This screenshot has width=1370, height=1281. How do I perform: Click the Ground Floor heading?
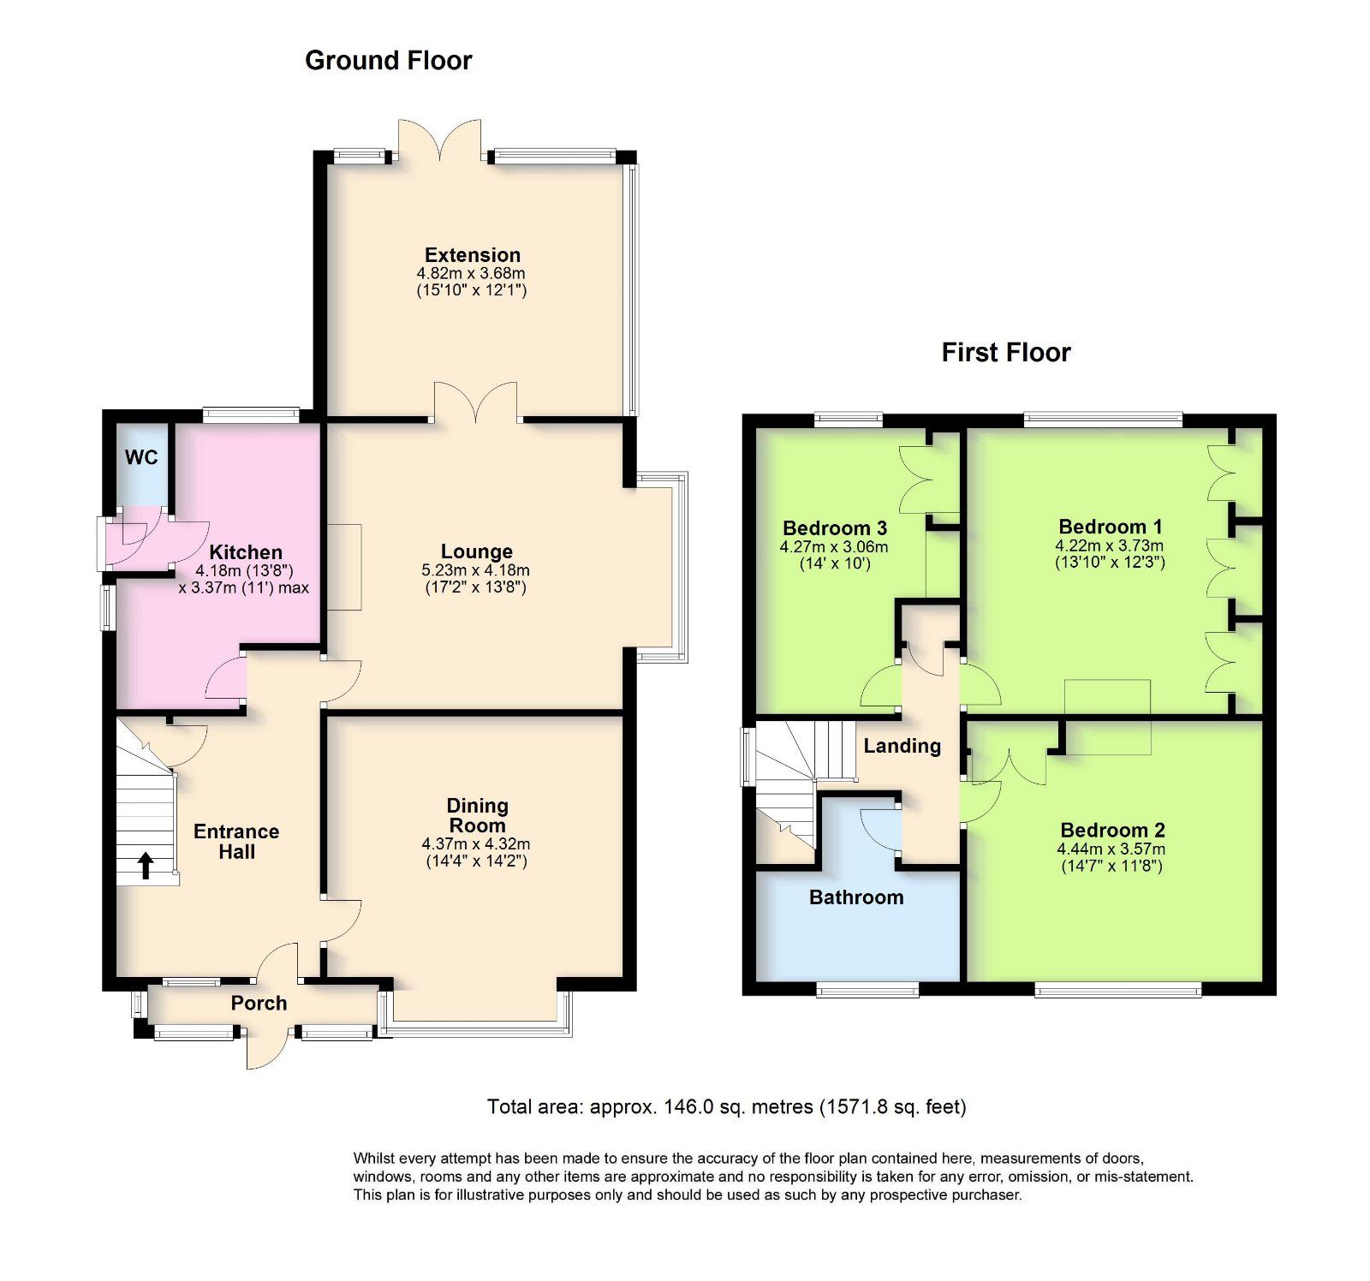[388, 61]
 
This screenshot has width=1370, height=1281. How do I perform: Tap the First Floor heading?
[1005, 353]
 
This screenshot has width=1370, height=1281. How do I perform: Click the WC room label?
[141, 457]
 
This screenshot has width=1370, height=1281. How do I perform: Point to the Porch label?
[259, 1003]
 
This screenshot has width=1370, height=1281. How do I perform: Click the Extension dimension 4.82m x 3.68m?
[471, 273]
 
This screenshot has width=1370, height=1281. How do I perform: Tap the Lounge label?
[476, 551]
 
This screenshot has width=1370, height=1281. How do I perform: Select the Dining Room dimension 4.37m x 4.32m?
[476, 844]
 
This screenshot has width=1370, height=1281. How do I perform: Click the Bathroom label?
[856, 897]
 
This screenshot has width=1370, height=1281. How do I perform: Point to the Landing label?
[902, 746]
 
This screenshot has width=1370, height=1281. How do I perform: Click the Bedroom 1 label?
[1110, 527]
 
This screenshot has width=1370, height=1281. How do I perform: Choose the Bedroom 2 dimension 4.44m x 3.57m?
[1111, 849]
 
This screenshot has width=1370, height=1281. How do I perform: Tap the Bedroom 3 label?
[834, 527]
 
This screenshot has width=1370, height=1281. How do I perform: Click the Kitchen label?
[246, 552]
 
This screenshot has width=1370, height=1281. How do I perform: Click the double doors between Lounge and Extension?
[476, 404]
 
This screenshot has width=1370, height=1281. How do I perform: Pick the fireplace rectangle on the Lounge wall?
[343, 567]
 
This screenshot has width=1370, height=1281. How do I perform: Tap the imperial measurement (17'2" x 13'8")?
[475, 587]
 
